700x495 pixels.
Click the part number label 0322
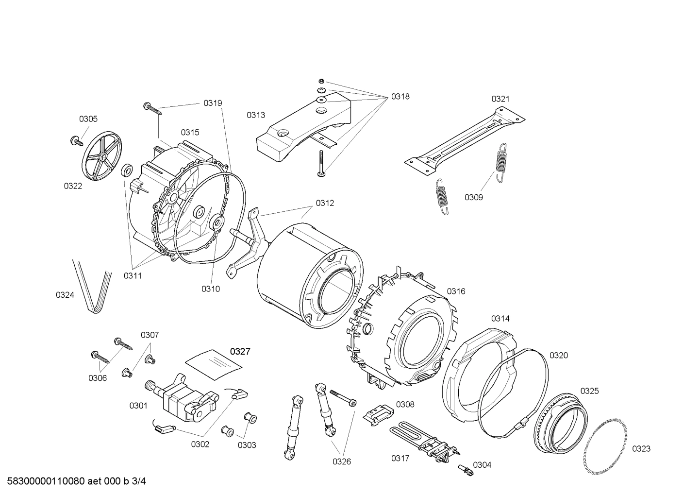pos(73,186)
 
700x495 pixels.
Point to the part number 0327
pos(240,352)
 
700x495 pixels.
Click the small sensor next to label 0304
pos(465,469)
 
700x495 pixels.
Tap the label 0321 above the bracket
pos(500,99)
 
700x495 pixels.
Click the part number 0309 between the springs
pos(474,197)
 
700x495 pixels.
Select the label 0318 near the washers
pos(400,97)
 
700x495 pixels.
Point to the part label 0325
pos(589,391)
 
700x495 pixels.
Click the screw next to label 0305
pos(76,141)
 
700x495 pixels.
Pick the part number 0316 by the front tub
pos(456,291)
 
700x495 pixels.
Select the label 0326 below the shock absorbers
pos(342,462)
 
